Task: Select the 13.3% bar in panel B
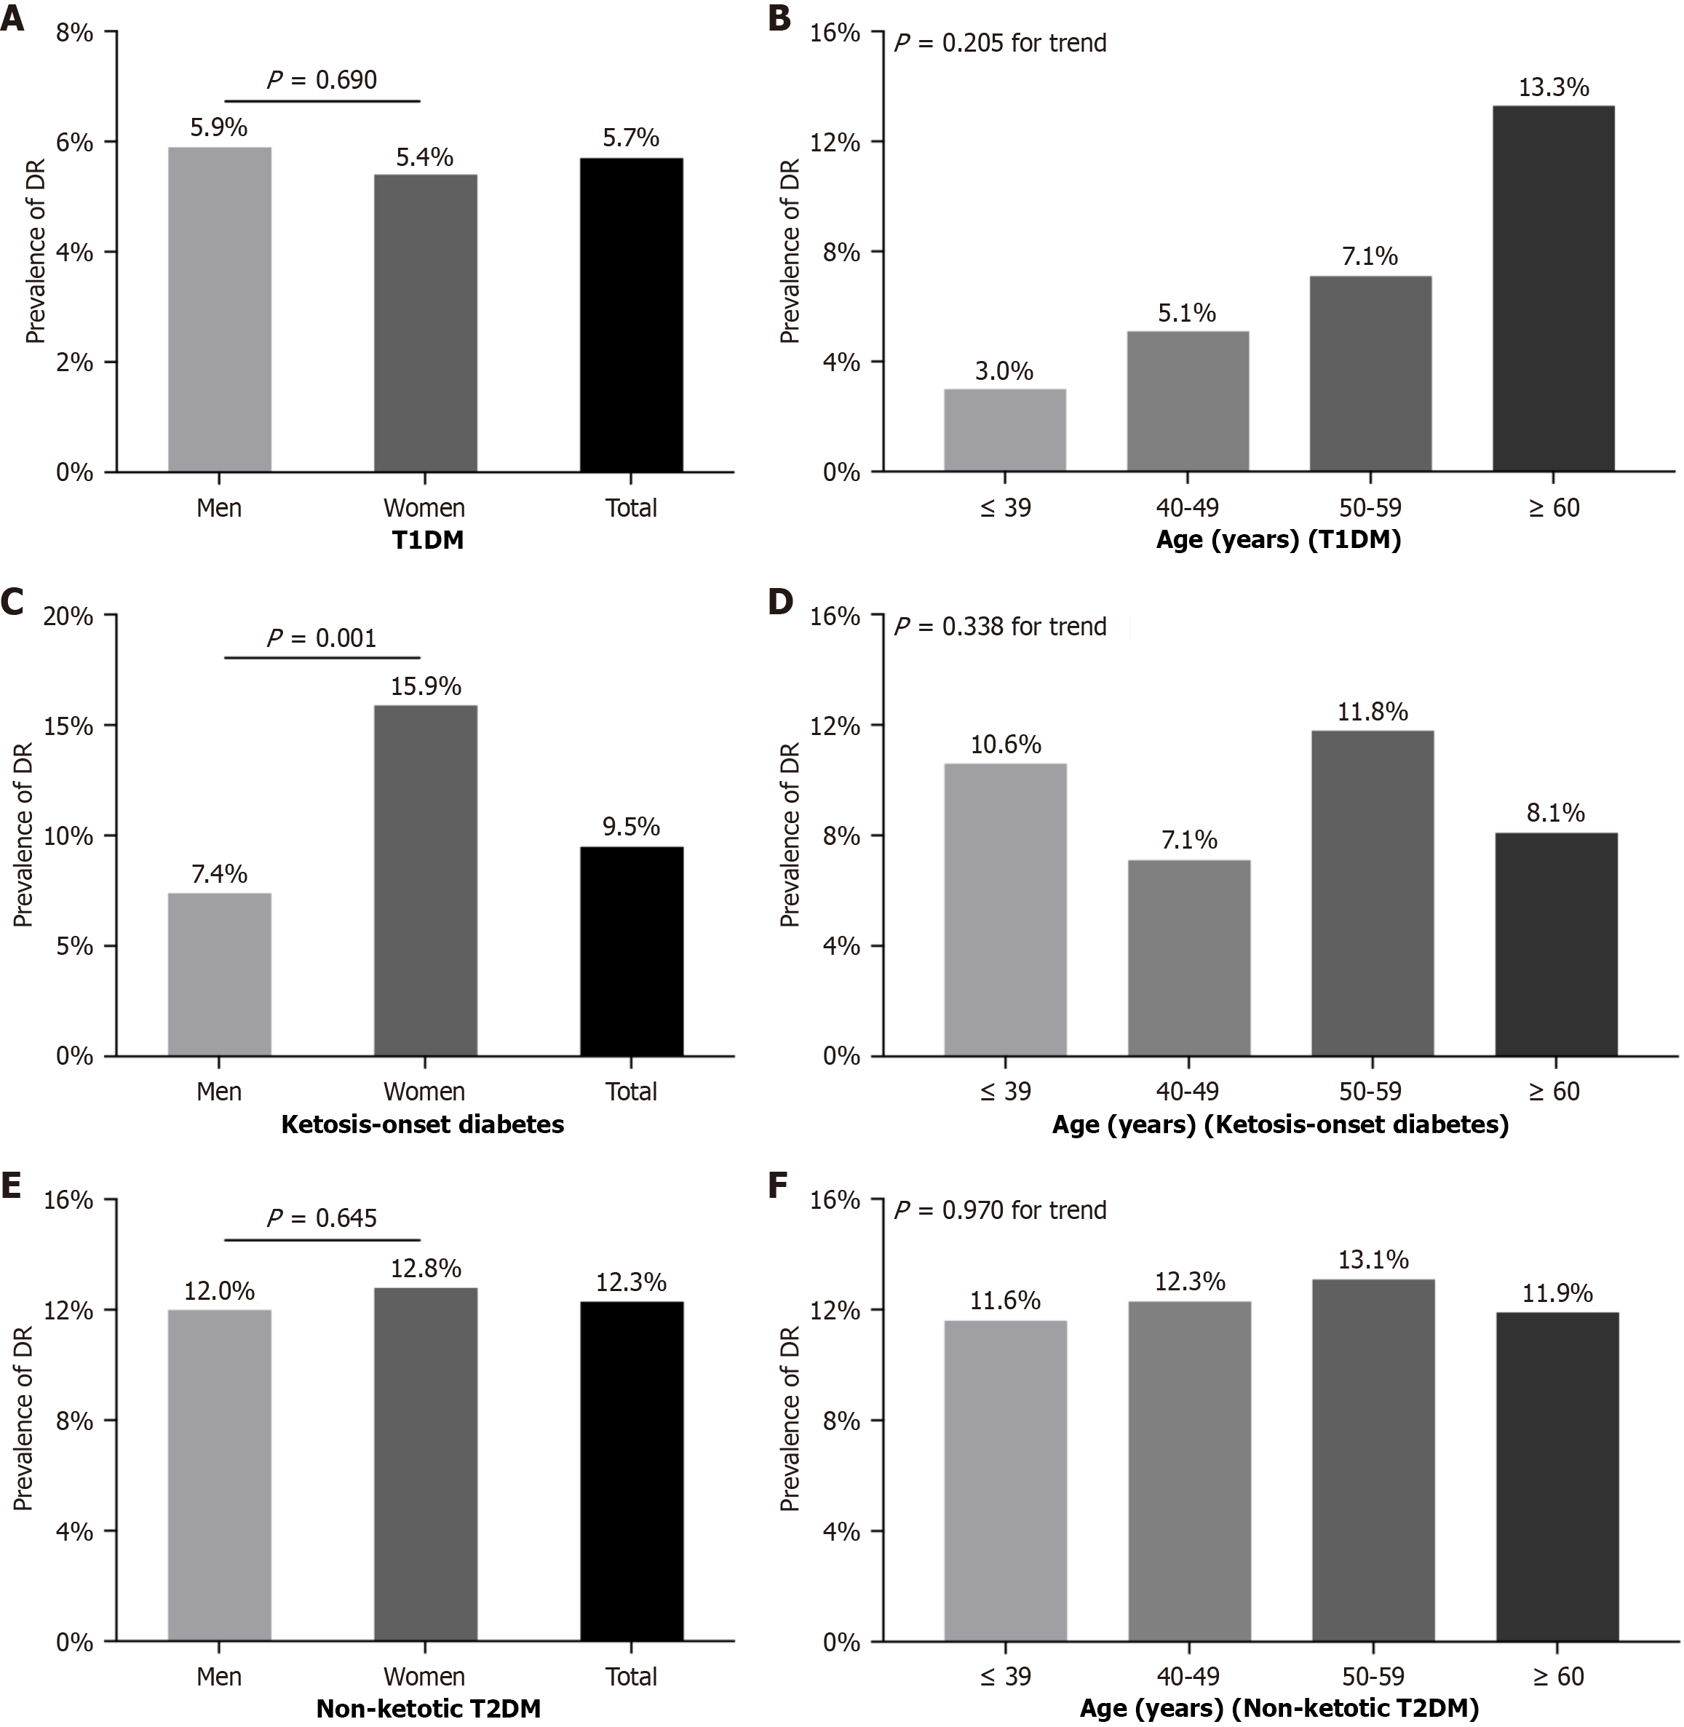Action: [1553, 288]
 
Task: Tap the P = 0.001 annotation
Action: [321, 638]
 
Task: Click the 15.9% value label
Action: [426, 686]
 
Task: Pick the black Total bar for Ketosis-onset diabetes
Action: [632, 951]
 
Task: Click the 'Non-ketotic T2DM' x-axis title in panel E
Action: [428, 1708]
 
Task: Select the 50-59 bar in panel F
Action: [1373, 1460]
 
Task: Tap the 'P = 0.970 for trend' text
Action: [1001, 1210]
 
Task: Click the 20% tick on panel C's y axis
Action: [68, 616]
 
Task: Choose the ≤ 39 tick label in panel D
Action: [1006, 1091]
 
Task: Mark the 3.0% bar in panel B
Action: [1005, 430]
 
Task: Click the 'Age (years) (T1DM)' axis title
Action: [1278, 539]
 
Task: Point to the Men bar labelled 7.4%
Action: [219, 974]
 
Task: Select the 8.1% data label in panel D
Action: [1556, 813]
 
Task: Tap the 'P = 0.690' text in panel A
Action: [321, 79]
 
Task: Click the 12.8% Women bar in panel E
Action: [426, 1464]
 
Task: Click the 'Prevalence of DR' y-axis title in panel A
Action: [36, 251]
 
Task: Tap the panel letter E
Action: [12, 1186]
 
